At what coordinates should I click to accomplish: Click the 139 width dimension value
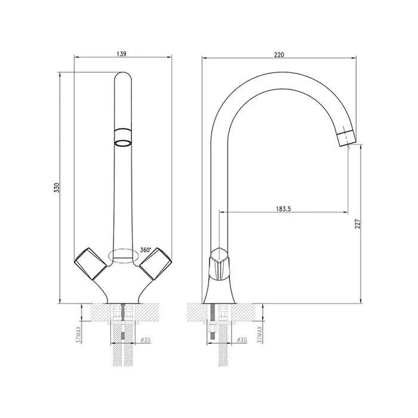pyautogui.click(x=121, y=54)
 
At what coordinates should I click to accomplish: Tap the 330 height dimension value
pyautogui.click(x=56, y=188)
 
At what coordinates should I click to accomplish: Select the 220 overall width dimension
pyautogui.click(x=279, y=55)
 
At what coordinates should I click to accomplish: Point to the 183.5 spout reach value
pyautogui.click(x=284, y=209)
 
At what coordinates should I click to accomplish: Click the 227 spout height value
pyautogui.click(x=358, y=224)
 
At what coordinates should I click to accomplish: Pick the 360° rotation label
pyautogui.click(x=146, y=250)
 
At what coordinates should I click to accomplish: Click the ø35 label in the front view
pyautogui.click(x=146, y=340)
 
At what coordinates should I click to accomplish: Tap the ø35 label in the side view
pyautogui.click(x=242, y=340)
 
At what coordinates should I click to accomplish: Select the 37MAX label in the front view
pyautogui.click(x=79, y=334)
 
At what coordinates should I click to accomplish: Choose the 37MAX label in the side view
pyautogui.click(x=259, y=334)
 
